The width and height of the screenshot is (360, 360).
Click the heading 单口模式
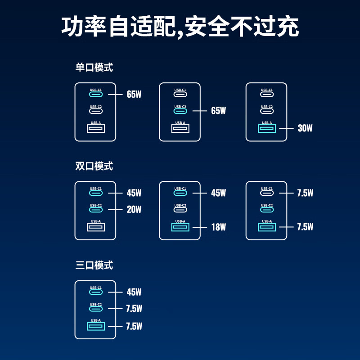pos(94,68)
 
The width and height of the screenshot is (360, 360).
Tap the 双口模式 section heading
pos(94,166)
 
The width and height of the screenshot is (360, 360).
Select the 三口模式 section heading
pos(94,265)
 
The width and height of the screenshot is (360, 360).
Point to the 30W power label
pos(305,128)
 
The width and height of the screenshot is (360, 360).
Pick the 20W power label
pos(134,210)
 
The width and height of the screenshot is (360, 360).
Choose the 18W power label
pos(218,227)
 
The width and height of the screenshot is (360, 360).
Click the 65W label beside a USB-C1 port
pos(134,94)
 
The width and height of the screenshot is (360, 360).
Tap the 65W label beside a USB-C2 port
pos(218,111)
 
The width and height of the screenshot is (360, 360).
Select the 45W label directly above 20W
pos(134,193)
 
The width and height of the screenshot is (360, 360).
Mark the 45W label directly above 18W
pos(218,193)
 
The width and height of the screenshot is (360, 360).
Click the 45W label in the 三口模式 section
pos(134,292)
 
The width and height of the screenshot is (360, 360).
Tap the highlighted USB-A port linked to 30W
pos(266,129)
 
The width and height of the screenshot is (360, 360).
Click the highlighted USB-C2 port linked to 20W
pos(96,210)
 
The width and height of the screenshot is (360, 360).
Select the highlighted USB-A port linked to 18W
pos(180,227)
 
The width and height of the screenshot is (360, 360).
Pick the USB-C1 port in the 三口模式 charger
pos(96,292)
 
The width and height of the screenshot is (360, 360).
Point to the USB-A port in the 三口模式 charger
pos(96,326)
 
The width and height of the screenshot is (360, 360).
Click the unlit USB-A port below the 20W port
pos(96,227)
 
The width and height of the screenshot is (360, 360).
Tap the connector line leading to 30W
pos(286,128)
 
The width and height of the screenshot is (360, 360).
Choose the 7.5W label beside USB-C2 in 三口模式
pos(134,309)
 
